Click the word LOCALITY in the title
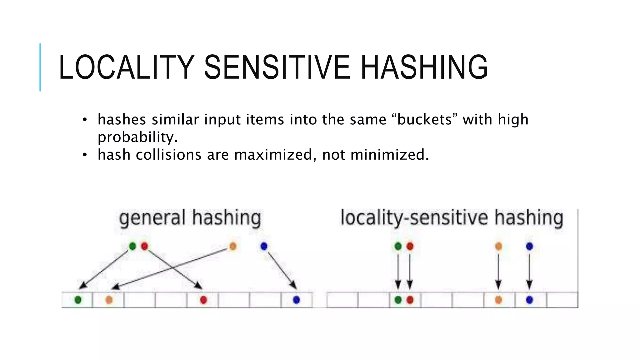pyautogui.click(x=127, y=67)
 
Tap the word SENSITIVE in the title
pyautogui.click(x=277, y=67)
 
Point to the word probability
pyautogui.click(x=137, y=137)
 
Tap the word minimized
pyautogui.click(x=390, y=155)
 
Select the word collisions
pyautogui.click(x=168, y=155)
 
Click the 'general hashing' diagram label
pyautogui.click(x=190, y=218)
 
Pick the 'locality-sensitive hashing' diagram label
pyautogui.click(x=452, y=218)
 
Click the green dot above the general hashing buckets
pyautogui.click(x=132, y=246)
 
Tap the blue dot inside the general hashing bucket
pyautogui.click(x=296, y=300)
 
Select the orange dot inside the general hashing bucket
pyautogui.click(x=109, y=300)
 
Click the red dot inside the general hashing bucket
pyautogui.click(x=203, y=300)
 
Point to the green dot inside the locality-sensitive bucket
pyautogui.click(x=398, y=300)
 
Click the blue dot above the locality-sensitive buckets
pyautogui.click(x=529, y=246)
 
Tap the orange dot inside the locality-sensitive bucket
pyautogui.click(x=498, y=300)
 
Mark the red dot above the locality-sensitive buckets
pyautogui.click(x=410, y=246)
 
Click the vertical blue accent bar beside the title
pyautogui.click(x=40, y=67)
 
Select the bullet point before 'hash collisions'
pyautogui.click(x=84, y=155)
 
